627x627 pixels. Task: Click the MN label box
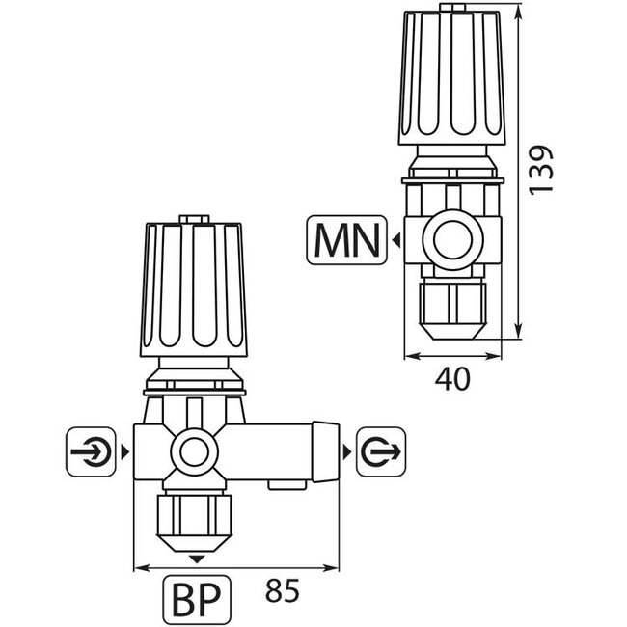(x=346, y=240)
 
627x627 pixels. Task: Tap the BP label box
(x=197, y=600)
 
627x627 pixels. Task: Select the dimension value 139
(x=540, y=171)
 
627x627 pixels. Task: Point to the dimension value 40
(x=452, y=379)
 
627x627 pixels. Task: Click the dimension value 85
(x=282, y=590)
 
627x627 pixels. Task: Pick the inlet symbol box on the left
(x=91, y=451)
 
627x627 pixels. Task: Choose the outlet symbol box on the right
(x=381, y=451)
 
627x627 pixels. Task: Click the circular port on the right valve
(x=452, y=240)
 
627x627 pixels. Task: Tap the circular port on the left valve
(x=194, y=451)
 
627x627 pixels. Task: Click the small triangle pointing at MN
(x=396, y=240)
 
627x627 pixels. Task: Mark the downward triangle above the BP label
(x=197, y=559)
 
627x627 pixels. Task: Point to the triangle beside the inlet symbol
(x=125, y=452)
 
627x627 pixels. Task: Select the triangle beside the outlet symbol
(x=346, y=452)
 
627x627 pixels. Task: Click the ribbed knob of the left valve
(x=194, y=289)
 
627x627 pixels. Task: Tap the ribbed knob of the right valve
(x=451, y=78)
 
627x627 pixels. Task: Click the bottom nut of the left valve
(x=194, y=523)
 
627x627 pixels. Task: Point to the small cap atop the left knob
(x=194, y=219)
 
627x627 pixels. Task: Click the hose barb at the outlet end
(x=325, y=451)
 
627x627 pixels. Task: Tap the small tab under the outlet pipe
(x=287, y=485)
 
